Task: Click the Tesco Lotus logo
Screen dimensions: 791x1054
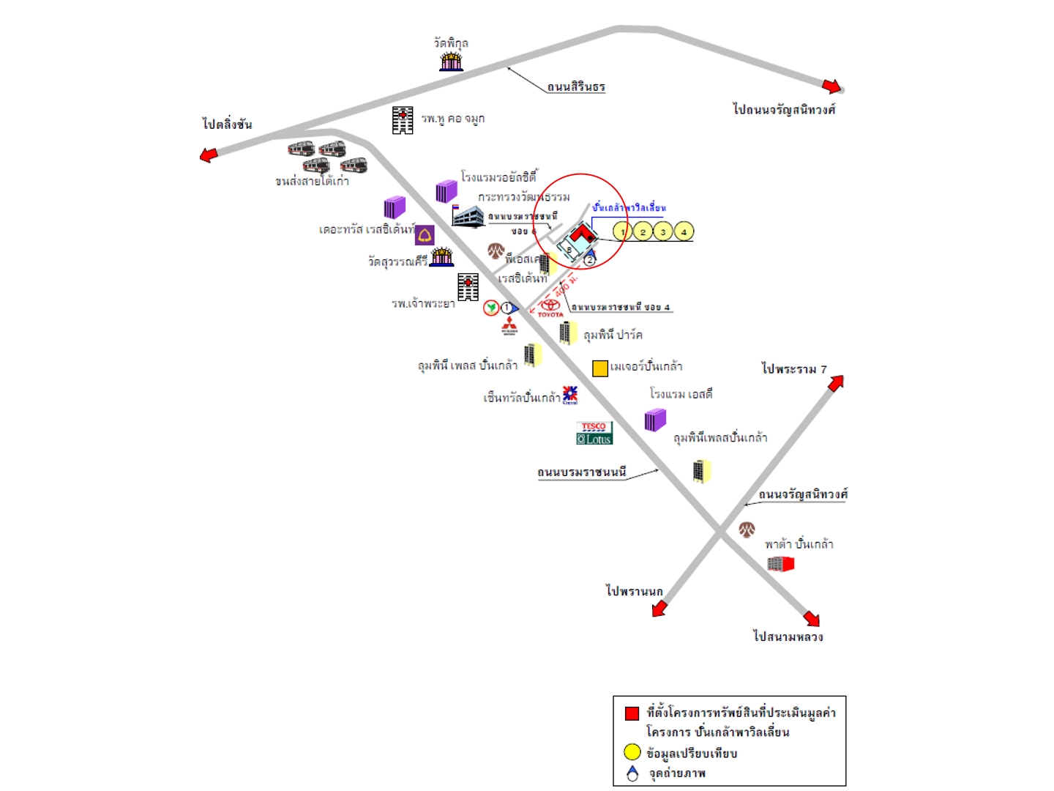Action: [x=594, y=433]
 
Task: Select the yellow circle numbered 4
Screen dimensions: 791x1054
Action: [x=684, y=231]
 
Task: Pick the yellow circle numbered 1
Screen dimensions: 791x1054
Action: [x=622, y=231]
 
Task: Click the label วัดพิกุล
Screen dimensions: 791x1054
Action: [x=451, y=43]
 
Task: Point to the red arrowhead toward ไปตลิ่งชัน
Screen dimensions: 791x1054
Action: [x=209, y=155]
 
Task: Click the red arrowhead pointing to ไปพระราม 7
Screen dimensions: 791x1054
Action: [x=836, y=382]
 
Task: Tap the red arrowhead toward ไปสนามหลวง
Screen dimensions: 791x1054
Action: [x=811, y=618]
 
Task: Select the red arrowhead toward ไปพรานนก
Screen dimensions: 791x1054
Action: [x=659, y=608]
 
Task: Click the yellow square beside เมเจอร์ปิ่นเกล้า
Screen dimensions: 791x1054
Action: [x=600, y=368]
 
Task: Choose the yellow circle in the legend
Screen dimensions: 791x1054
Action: [x=632, y=752]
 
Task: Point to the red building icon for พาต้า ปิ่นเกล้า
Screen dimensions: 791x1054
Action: [x=781, y=563]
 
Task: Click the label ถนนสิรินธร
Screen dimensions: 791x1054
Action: [x=576, y=86]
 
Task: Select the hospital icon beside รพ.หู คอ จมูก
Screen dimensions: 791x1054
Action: [x=403, y=120]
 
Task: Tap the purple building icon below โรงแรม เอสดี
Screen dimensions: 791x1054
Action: [x=655, y=420]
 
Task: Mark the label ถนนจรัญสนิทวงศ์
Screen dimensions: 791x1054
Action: [x=803, y=494]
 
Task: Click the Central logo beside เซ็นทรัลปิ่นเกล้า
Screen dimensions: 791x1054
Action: [x=570, y=395]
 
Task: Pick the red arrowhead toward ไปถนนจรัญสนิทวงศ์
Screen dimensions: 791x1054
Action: [x=831, y=86]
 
